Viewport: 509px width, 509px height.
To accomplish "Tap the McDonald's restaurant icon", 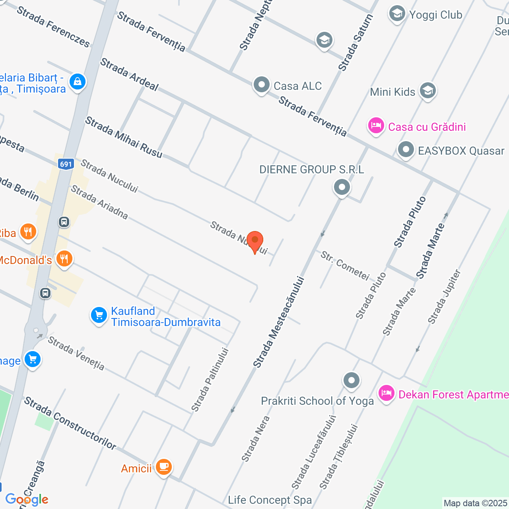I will [x=64, y=258].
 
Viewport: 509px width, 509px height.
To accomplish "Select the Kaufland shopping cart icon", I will [x=99, y=316].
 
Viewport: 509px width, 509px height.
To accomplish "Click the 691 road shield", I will [x=66, y=164].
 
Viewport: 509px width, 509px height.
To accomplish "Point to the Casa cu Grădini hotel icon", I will [x=376, y=126].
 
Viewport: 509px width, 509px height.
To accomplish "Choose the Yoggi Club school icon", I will [x=397, y=14].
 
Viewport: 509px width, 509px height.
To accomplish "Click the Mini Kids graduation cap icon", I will [x=427, y=91].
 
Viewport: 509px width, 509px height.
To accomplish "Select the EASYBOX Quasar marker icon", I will [x=406, y=150].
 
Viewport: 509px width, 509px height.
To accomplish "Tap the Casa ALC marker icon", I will [x=262, y=85].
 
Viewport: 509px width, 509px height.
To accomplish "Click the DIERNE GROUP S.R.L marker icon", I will [x=342, y=187].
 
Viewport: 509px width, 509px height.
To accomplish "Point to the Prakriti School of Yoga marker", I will [x=352, y=381].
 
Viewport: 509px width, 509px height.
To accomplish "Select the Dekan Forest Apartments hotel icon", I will [x=386, y=393].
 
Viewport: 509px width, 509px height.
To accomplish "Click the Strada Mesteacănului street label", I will [x=279, y=322].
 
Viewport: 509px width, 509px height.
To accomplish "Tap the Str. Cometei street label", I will [x=345, y=266].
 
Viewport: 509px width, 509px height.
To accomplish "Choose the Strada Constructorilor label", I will [x=70, y=423].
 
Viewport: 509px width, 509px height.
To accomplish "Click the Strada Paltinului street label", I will [x=210, y=379].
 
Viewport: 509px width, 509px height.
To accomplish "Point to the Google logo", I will [x=27, y=499].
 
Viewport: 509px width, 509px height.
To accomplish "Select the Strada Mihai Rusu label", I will [x=124, y=137].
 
